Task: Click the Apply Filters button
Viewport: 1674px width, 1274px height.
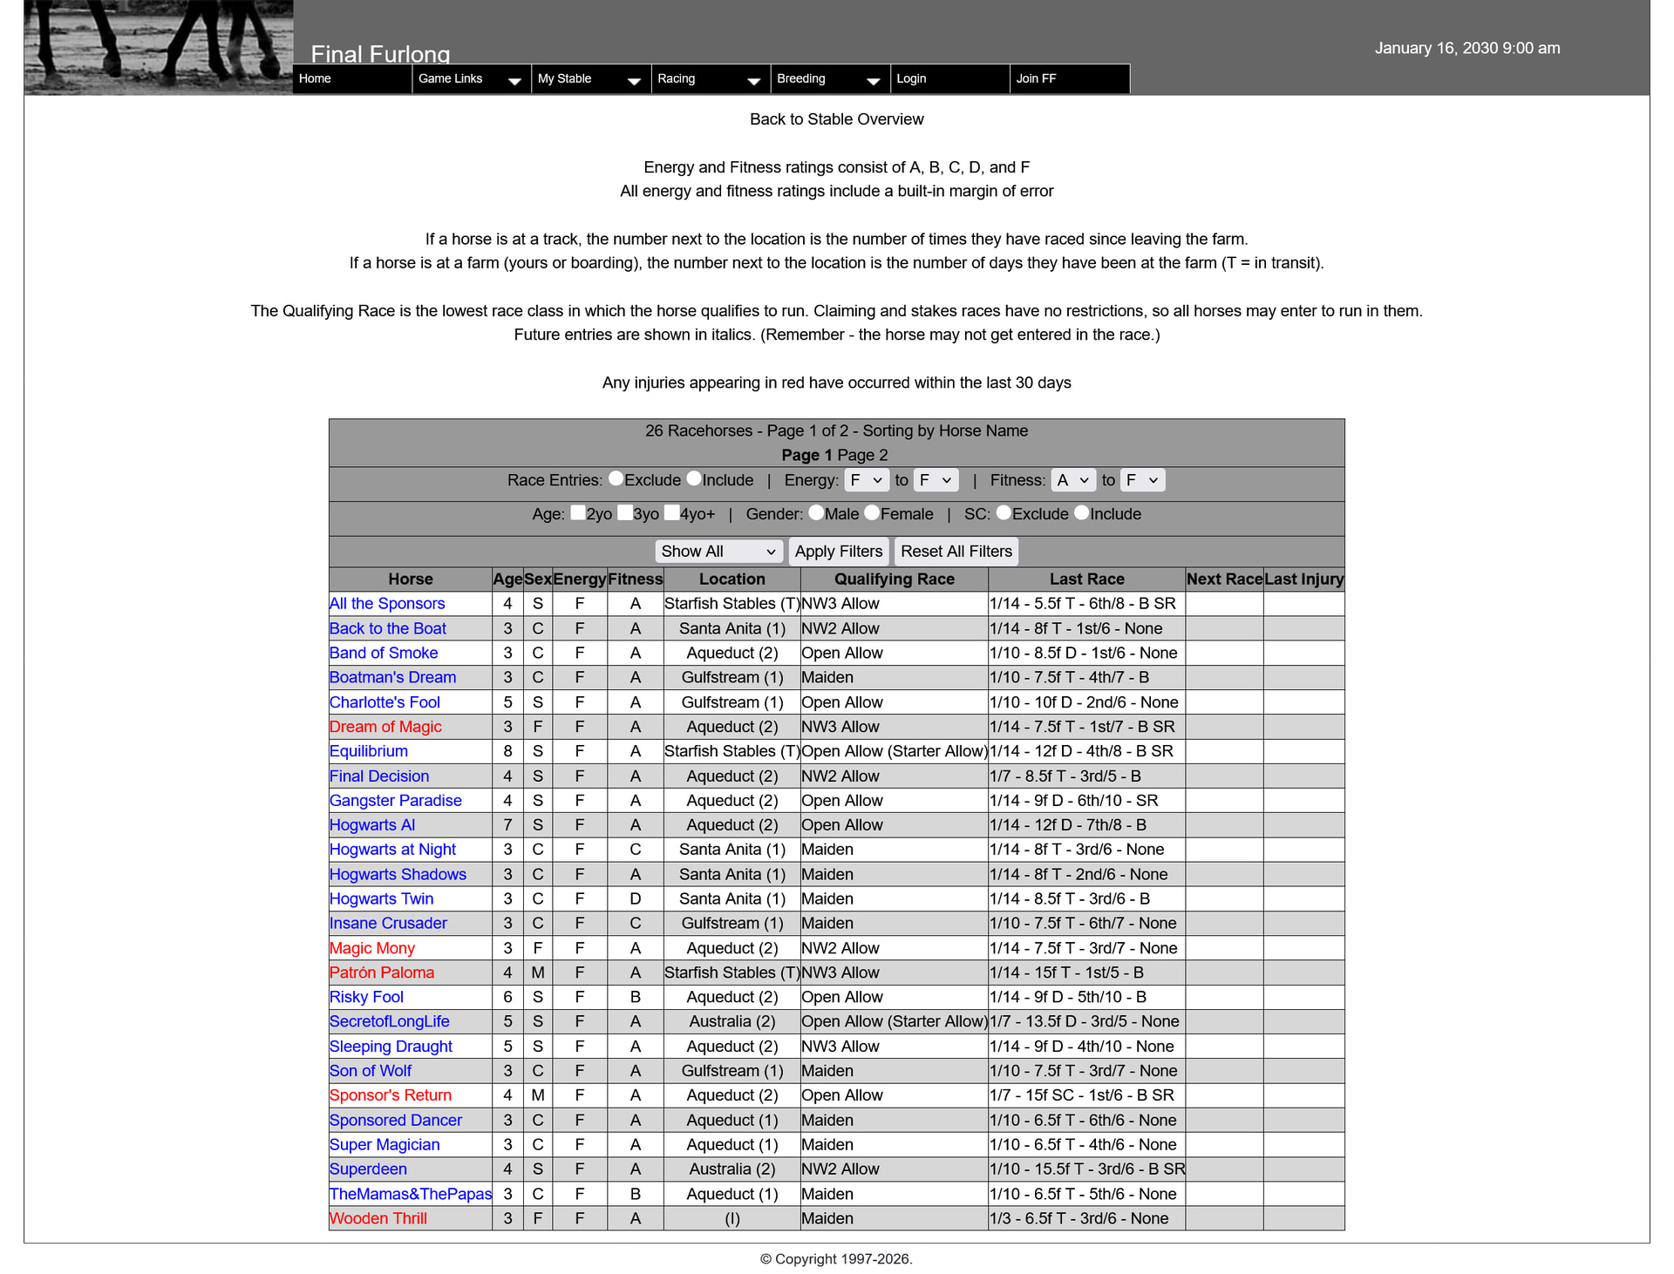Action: (x=838, y=552)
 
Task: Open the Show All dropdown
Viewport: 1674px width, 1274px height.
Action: (x=718, y=552)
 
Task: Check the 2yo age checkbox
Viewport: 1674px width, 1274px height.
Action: (x=578, y=513)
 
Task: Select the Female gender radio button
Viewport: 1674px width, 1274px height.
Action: (x=872, y=513)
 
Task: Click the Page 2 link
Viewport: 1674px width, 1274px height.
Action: (x=862, y=455)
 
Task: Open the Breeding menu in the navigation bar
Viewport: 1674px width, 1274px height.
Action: (x=829, y=78)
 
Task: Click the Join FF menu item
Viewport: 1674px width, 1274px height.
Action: (x=1036, y=78)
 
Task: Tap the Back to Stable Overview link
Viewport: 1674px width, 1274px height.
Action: (x=836, y=119)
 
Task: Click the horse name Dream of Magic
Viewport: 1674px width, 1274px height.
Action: (x=385, y=727)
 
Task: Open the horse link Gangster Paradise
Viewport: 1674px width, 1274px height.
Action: (x=395, y=800)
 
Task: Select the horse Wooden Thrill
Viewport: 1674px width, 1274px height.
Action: (x=378, y=1218)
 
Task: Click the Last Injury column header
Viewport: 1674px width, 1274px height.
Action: (x=1303, y=579)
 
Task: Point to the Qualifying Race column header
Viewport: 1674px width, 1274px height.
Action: (x=894, y=579)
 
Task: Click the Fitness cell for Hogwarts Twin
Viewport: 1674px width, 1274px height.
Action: (x=635, y=898)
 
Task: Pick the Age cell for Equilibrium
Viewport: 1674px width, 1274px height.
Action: (x=507, y=751)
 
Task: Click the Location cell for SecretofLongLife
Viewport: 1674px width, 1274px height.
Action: (x=732, y=1021)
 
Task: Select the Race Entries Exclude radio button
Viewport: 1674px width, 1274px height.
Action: (x=616, y=478)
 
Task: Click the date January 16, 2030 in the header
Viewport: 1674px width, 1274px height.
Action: (x=1467, y=48)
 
